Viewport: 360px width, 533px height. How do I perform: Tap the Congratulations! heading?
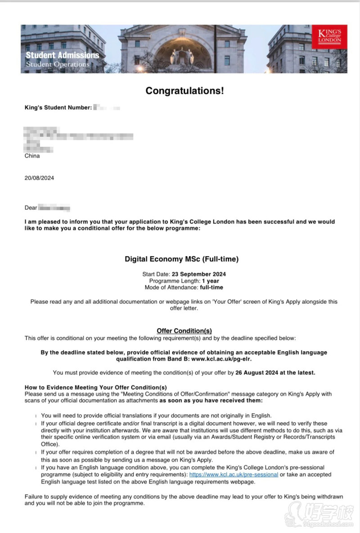pos(184,91)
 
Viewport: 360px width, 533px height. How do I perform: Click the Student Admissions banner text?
pos(62,55)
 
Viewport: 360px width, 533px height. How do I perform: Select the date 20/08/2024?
pos(39,178)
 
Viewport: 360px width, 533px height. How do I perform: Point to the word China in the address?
pos(32,156)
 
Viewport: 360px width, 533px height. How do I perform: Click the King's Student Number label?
pos(58,108)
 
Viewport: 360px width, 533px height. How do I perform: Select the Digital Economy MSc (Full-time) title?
pos(181,259)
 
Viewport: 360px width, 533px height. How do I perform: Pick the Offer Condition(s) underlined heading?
pos(184,331)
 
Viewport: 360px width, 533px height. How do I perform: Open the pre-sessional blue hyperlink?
pos(233,474)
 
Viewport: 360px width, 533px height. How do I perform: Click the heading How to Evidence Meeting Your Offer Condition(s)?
pos(95,387)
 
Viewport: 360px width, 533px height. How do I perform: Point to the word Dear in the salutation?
pos(31,208)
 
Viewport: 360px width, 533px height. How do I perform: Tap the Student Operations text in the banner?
pos(57,64)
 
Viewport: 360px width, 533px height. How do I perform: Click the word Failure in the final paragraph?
pos(35,497)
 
